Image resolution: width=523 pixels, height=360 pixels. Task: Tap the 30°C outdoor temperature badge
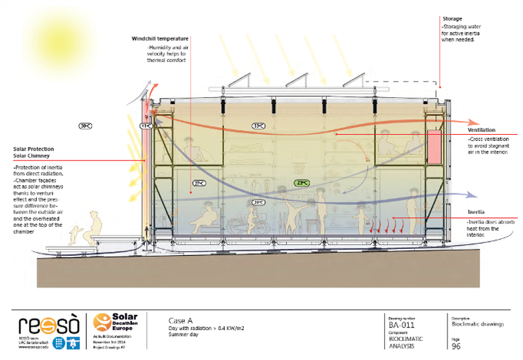pyautogui.click(x=85, y=126)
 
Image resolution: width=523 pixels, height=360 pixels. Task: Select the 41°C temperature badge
pyautogui.click(x=145, y=126)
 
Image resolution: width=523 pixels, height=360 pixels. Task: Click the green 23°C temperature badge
pyautogui.click(x=302, y=182)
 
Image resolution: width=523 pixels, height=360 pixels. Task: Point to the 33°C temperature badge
pyautogui.click(x=259, y=126)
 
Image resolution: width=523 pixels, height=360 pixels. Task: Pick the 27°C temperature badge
pyautogui.click(x=199, y=183)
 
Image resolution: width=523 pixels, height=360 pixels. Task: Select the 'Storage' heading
pyautogui.click(x=452, y=19)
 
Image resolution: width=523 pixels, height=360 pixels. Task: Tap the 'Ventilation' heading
pyautogui.click(x=481, y=130)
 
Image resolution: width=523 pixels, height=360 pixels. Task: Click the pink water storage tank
pyautogui.click(x=434, y=146)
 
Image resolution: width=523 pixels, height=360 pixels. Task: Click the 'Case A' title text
pyautogui.click(x=180, y=319)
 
